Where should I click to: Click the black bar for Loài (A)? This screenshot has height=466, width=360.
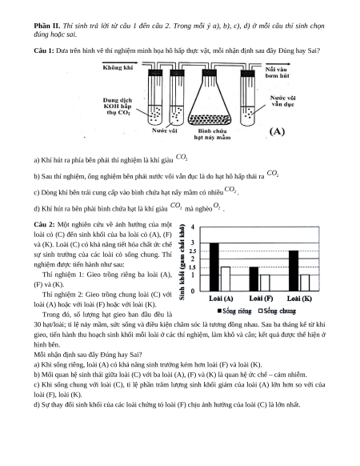pyautogui.click(x=214, y=267)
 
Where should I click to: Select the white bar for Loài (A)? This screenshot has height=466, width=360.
pyautogui.click(x=226, y=279)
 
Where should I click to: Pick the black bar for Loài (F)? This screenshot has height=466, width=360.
pyautogui.click(x=254, y=279)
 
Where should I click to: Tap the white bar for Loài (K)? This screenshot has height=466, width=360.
pyautogui.click(x=305, y=283)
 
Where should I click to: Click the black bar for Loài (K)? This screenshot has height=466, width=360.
pyautogui.click(x=294, y=271)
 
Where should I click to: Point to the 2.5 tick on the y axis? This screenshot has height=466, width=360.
pyautogui.click(x=193, y=251)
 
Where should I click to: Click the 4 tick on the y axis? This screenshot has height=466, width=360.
pyautogui.click(x=193, y=227)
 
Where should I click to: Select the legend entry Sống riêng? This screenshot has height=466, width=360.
pyautogui.click(x=234, y=311)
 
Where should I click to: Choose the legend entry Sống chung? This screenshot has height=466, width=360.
pyautogui.click(x=277, y=311)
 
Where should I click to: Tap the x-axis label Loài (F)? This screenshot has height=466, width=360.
pyautogui.click(x=261, y=299)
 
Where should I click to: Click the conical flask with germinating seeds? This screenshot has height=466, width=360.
pyautogui.click(x=210, y=98)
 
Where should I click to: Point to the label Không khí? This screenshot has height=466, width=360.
pyautogui.click(x=118, y=68)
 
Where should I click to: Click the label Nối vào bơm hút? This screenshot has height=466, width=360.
pyautogui.click(x=277, y=73)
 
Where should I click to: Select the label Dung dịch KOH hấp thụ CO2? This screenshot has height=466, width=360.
pyautogui.click(x=118, y=106)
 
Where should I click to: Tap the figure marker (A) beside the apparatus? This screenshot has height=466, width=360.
pyautogui.click(x=277, y=131)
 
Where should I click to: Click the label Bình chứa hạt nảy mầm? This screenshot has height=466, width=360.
pyautogui.click(x=212, y=134)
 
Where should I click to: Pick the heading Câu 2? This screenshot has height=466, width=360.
pyautogui.click(x=44, y=224)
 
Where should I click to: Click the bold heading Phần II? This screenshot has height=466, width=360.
pyautogui.click(x=47, y=26)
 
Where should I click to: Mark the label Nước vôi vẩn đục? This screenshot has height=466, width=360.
pyautogui.click(x=282, y=101)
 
